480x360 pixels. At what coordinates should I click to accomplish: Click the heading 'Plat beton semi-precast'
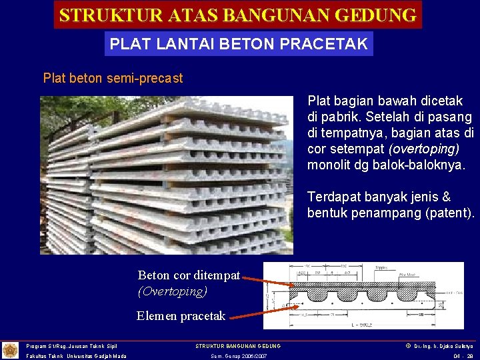pyautogui.click(x=113, y=78)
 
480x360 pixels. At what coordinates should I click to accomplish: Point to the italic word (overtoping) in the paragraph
pyautogui.click(x=426, y=149)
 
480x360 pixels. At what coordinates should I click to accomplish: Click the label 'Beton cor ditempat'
pyautogui.click(x=189, y=275)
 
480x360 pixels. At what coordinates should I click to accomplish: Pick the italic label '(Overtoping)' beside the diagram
pyautogui.click(x=173, y=291)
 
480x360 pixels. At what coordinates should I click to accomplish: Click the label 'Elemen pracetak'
pyautogui.click(x=181, y=316)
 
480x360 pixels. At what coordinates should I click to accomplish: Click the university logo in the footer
pyautogui.click(x=11, y=350)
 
